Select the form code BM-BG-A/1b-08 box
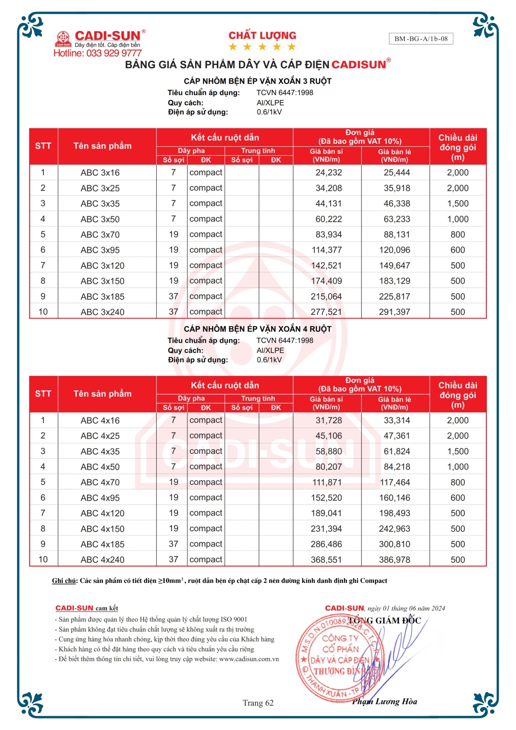pos(421,39)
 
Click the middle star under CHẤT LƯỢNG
pos(262,47)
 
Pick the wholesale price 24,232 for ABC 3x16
pos(328,172)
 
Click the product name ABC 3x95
pos(100,250)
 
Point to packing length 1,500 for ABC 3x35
pos(458,204)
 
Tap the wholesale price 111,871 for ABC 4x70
pos(327,483)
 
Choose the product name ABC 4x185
pos(102,544)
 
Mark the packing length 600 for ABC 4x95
pos(458,498)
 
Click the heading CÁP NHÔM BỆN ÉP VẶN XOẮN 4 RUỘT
pos(258,329)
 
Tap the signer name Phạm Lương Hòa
pos(385,701)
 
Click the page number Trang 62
pos(258,703)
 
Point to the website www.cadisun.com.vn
pos(249,659)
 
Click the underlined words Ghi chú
pos(64,581)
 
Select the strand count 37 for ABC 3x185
pos(173,296)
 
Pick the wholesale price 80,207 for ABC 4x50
pos(328,467)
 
